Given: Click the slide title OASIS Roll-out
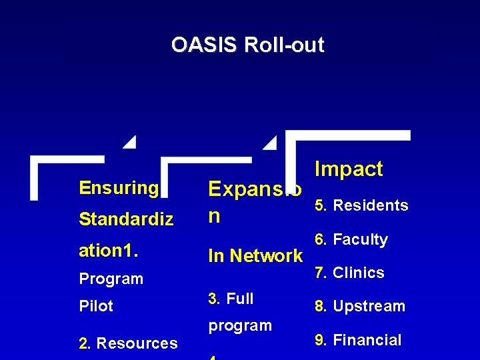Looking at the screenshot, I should pos(247,45).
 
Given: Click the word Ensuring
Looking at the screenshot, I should pos(119,188).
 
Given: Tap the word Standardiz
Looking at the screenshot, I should pos(126,219).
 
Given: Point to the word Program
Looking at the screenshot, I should pos(111,279).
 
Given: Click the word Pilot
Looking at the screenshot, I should pos(96,306).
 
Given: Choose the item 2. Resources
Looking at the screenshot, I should pos(128,343).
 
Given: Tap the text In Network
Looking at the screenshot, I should pos(255,255).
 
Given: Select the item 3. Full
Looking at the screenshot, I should pos(231,299).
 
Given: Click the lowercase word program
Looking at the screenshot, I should pos(240,325).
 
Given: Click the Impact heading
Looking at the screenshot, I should pos(349,169).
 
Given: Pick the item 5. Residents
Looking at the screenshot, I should pos(360,205).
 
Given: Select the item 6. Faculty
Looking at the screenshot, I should pos(350,239).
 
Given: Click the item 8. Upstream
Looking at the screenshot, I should pos(359,306).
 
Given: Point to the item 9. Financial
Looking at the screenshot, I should pos(357,340).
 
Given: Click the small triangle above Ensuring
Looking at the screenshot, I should pos(130,141).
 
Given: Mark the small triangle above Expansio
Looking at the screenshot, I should pos(270,141).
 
